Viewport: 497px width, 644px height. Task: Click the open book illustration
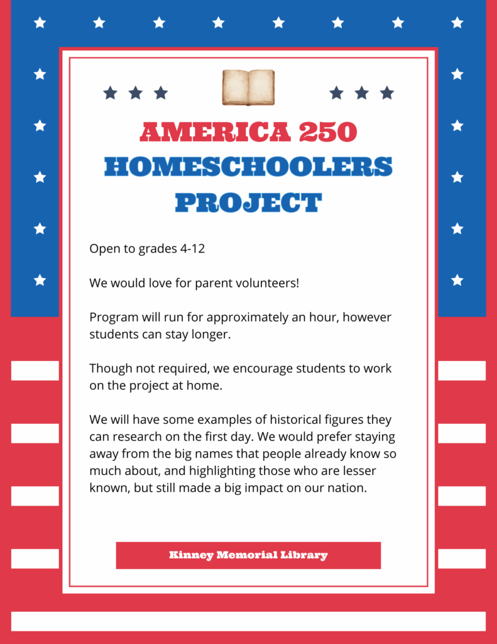click(248, 87)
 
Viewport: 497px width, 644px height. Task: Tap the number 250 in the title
click(327, 132)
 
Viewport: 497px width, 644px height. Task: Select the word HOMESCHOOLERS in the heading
click(248, 167)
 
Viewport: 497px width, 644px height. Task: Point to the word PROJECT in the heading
click(248, 203)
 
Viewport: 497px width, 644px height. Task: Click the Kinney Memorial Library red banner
click(248, 555)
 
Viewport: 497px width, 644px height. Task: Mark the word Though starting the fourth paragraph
click(109, 369)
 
